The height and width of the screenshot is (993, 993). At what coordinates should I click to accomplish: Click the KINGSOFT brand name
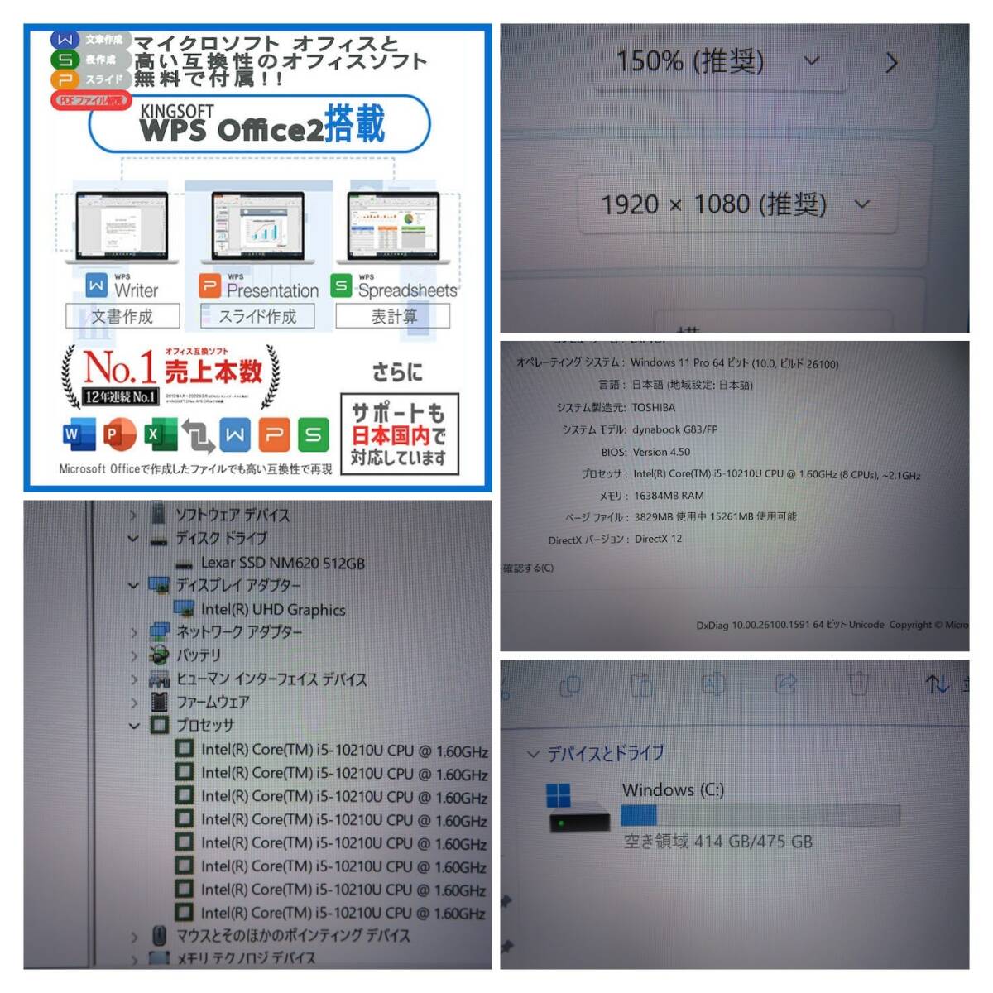pos(176,110)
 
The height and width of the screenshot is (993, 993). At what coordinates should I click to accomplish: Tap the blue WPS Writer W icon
pos(96,286)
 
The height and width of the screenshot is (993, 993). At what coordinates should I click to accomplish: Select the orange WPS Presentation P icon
pos(210,286)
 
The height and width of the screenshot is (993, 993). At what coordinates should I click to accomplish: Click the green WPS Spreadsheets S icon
pos(341,285)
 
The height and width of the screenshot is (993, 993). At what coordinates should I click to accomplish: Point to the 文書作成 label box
pos(122,316)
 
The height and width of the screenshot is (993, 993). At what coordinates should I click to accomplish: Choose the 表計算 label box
pos(393,316)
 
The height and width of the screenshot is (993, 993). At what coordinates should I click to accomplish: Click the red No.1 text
pos(120,367)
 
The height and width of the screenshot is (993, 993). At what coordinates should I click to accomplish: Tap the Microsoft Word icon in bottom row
pos(78,434)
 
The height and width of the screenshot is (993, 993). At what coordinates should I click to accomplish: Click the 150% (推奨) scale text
pos(689,60)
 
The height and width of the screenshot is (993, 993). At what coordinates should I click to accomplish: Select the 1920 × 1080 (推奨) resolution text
pos(713,204)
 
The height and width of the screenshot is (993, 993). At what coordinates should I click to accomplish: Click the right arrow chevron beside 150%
pos(891,63)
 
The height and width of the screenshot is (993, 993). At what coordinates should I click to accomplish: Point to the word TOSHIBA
pos(654,407)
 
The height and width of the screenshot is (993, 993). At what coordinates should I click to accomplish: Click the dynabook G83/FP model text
pos(674,429)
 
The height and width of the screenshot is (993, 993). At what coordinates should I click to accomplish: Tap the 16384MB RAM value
pos(669,495)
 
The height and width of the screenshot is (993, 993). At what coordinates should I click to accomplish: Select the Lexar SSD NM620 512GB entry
pos(282,563)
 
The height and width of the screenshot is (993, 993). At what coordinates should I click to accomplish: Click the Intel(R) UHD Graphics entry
pos(273,610)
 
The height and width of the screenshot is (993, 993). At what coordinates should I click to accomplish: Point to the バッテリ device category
pos(199,655)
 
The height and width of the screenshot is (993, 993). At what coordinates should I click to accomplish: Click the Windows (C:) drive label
pos(673,789)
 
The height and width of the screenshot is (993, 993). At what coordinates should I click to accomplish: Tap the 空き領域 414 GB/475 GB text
pos(717,842)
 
